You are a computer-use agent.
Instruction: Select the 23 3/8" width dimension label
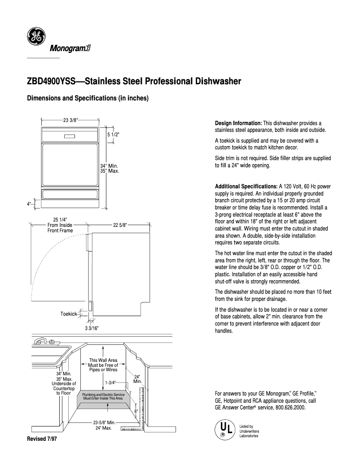tap(70, 119)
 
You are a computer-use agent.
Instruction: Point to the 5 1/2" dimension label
tap(113, 135)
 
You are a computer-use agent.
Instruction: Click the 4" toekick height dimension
tap(29, 204)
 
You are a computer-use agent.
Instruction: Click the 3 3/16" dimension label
tap(92, 328)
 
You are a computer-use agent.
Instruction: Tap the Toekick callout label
tap(69, 314)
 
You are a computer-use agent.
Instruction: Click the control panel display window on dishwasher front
tap(70, 136)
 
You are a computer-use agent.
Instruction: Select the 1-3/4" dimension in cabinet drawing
tap(110, 382)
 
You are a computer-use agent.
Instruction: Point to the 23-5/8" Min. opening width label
tap(105, 422)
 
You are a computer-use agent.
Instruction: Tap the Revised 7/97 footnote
tap(42, 439)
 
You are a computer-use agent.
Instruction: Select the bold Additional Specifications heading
tap(246, 186)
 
